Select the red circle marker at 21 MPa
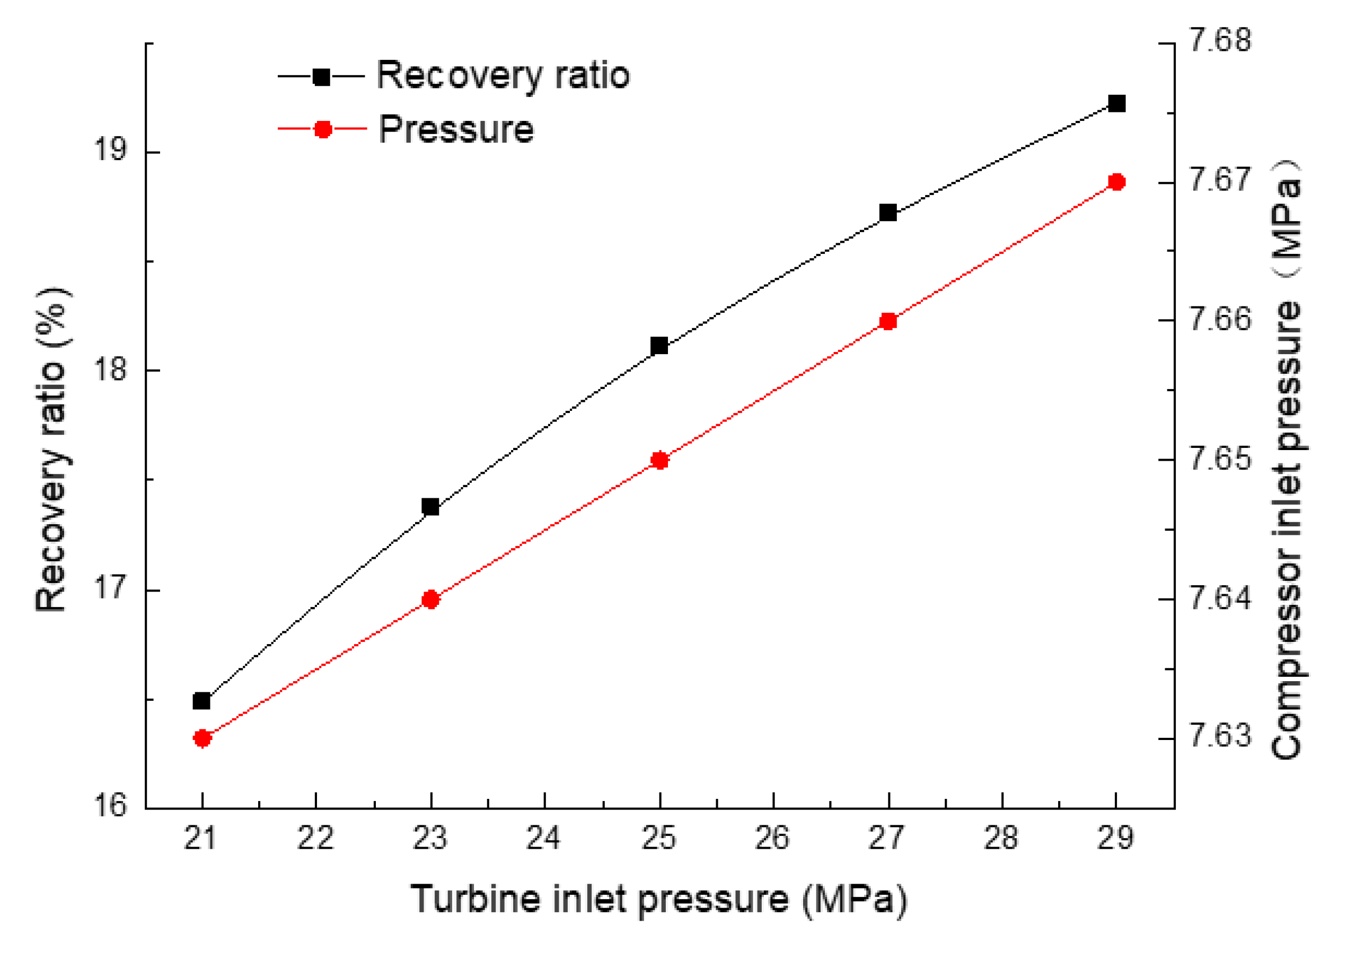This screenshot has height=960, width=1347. click(202, 738)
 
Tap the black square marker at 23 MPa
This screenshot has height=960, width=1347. click(430, 507)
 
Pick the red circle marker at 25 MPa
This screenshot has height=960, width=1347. click(659, 461)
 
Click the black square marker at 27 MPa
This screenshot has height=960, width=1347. click(888, 213)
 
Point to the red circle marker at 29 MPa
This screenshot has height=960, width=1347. click(1116, 182)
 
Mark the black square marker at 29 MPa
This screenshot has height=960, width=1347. click(1116, 104)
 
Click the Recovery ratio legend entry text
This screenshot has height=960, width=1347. click(503, 76)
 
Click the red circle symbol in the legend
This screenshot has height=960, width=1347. click(323, 129)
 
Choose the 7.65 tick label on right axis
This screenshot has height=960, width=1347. click(1220, 459)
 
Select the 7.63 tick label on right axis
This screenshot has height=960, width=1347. click(1220, 735)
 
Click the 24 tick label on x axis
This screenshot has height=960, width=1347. click(543, 838)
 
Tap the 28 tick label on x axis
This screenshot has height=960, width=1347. click(1001, 838)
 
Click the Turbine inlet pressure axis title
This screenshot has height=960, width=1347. click(658, 899)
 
